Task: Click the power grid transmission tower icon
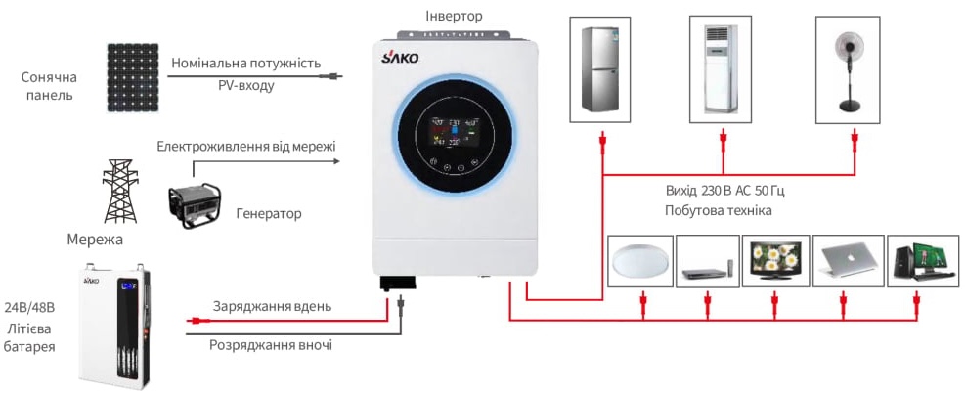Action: pos(117,193)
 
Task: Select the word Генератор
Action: pos(269,213)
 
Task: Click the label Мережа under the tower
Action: pos(96,239)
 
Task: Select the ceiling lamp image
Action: pos(639,261)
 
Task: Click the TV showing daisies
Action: pos(775,260)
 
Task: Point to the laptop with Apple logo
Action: pos(848,260)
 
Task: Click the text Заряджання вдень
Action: pos(272,306)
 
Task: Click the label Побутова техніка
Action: pos(718,211)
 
